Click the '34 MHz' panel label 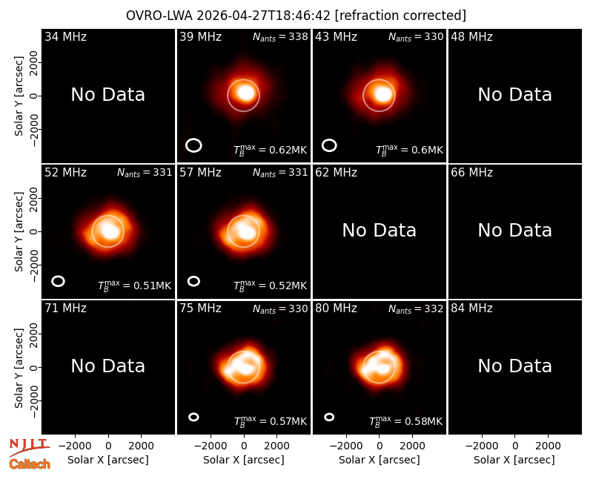65,36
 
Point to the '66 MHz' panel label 471,173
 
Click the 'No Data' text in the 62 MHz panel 379,230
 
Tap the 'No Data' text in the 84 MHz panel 514,366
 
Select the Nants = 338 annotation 280,36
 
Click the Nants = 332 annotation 416,308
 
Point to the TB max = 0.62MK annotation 270,150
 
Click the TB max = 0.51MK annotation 135,285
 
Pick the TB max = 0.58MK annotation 405,421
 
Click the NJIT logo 30,447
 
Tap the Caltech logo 30,464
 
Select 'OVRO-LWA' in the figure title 159,16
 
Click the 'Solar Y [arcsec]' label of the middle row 19,231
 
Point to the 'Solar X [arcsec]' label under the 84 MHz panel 514,460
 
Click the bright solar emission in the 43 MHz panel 382,93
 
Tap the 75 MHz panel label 200,308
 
